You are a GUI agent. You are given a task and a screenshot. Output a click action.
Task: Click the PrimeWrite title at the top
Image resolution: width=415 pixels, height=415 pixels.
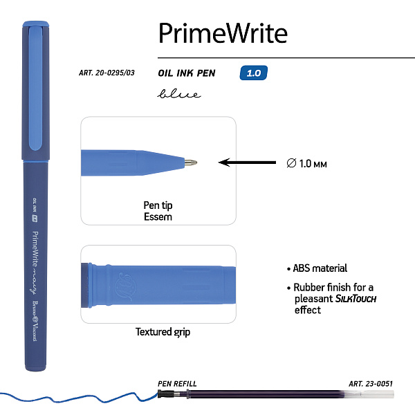point(223,32)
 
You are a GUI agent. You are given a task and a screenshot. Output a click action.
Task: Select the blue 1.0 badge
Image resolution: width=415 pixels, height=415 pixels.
point(253,73)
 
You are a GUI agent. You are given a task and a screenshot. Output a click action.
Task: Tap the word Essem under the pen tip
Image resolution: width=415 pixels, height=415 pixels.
point(159,216)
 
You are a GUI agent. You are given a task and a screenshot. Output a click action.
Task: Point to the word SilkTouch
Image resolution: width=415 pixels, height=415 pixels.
point(356,299)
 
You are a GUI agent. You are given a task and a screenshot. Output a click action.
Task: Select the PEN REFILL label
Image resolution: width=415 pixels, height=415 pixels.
point(178,383)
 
